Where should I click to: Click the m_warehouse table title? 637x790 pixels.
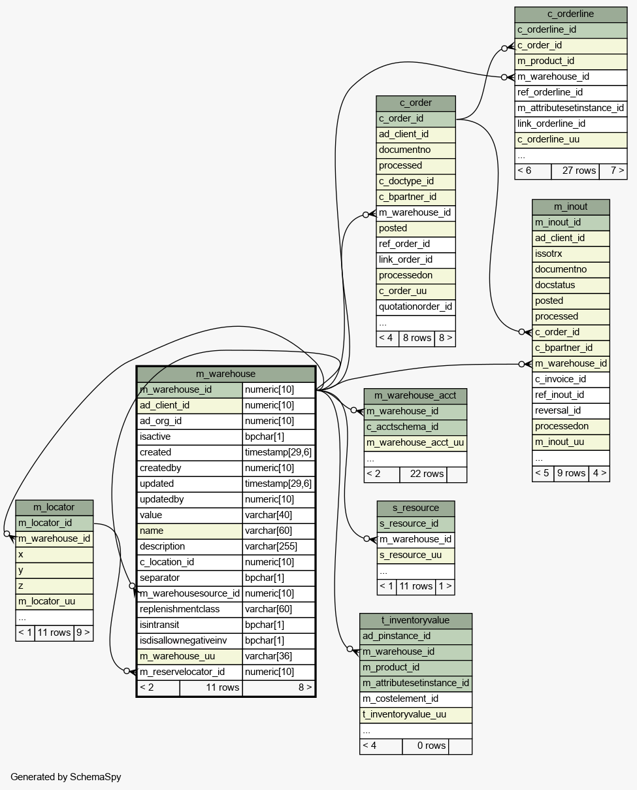[225, 374]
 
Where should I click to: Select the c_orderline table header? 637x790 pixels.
[570, 14]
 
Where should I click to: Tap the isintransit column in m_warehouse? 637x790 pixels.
[189, 625]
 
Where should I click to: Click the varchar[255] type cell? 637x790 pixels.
[278, 546]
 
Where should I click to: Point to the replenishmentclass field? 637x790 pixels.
[189, 609]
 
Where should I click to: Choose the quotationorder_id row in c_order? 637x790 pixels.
[416, 307]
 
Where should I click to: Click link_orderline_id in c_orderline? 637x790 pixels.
[570, 123]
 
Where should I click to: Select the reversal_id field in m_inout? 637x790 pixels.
[570, 410]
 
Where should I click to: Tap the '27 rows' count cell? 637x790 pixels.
[575, 171]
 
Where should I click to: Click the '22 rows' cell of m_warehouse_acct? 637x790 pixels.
[423, 474]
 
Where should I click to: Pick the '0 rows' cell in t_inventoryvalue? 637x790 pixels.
[425, 746]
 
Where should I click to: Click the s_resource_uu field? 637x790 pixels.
[416, 555]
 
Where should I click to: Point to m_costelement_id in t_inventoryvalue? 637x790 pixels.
[416, 699]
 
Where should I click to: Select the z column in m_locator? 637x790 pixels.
[54, 586]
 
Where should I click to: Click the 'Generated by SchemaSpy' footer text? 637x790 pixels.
[66, 777]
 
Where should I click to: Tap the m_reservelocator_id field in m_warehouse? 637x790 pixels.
[189, 672]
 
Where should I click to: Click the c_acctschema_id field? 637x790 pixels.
[416, 427]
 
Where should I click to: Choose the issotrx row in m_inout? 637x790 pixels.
[570, 254]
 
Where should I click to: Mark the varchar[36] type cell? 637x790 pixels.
[278, 656]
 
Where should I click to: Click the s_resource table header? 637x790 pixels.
[416, 508]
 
